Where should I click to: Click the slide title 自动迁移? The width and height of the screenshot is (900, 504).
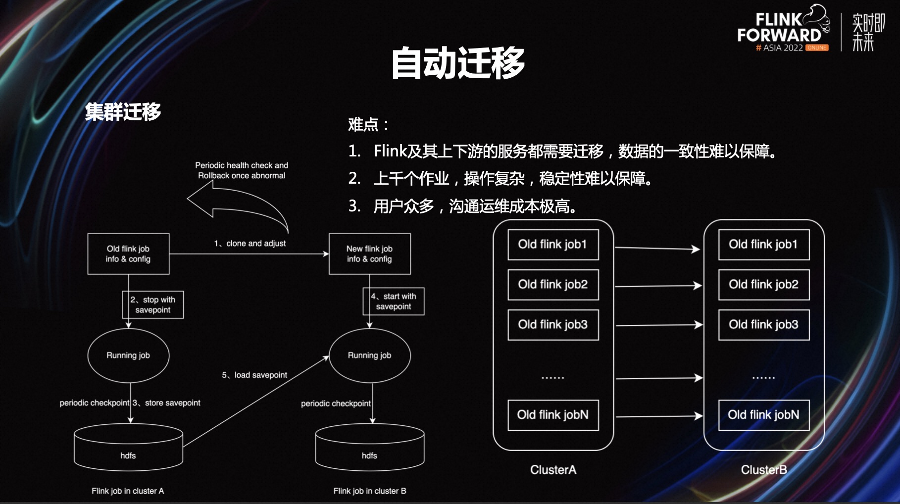(457, 63)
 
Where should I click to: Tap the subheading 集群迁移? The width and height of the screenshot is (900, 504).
(123, 111)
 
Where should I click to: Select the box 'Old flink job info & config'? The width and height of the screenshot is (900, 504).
(128, 254)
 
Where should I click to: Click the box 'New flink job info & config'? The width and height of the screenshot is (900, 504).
(369, 254)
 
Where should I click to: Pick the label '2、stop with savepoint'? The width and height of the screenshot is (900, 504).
(153, 304)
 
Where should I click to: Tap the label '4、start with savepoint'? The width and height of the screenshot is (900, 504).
(394, 302)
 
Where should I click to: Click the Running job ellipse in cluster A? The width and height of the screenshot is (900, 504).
(128, 355)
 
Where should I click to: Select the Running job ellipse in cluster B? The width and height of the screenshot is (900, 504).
(369, 355)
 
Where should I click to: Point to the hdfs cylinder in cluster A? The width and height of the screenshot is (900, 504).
(128, 448)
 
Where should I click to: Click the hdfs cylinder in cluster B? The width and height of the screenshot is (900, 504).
(369, 448)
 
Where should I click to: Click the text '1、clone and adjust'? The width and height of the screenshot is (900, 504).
(250, 244)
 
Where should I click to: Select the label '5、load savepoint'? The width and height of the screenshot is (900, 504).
(254, 375)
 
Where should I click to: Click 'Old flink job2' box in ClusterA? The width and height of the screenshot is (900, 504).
(553, 285)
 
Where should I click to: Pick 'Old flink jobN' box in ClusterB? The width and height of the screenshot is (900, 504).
(763, 415)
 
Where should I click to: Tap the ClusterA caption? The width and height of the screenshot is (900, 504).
(553, 470)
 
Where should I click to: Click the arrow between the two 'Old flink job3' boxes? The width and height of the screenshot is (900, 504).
(658, 325)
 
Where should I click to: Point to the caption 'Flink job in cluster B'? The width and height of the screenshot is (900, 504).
(369, 491)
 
